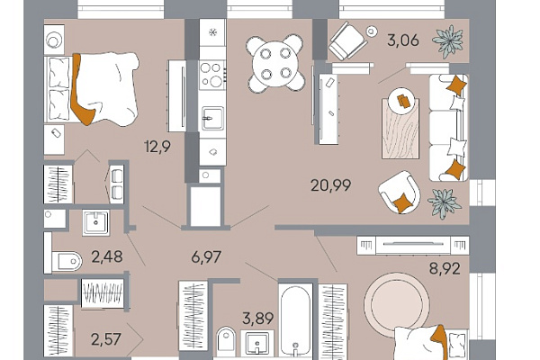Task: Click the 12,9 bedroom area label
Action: coord(157,147)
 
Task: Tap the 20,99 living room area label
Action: coord(330,185)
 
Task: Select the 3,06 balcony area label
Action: coord(403,40)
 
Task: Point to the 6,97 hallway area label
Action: coord(206,257)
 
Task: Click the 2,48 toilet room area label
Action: coord(107,256)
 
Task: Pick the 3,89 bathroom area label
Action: coord(258,319)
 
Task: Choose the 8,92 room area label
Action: coord(445,268)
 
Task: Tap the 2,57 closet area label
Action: coord(106,339)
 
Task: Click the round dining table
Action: coord(275,64)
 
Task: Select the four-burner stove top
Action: coord(212,75)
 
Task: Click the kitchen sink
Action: coord(212,118)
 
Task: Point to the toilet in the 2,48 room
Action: coord(67,261)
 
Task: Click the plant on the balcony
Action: coord(449,41)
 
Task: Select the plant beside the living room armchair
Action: coord(444,203)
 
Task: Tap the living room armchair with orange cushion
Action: coord(400,193)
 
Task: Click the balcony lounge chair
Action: coord(347,41)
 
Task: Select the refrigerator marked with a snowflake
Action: coord(212,32)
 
